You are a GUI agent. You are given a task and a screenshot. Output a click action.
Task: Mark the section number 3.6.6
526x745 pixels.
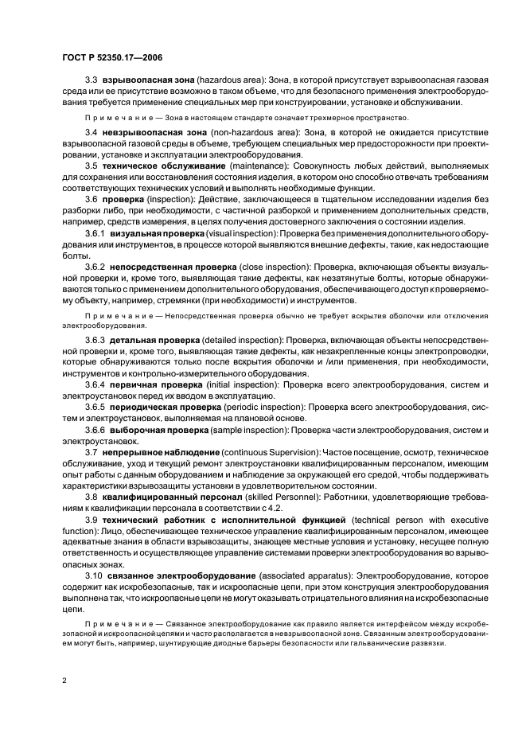pyautogui.click(x=95, y=433)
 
